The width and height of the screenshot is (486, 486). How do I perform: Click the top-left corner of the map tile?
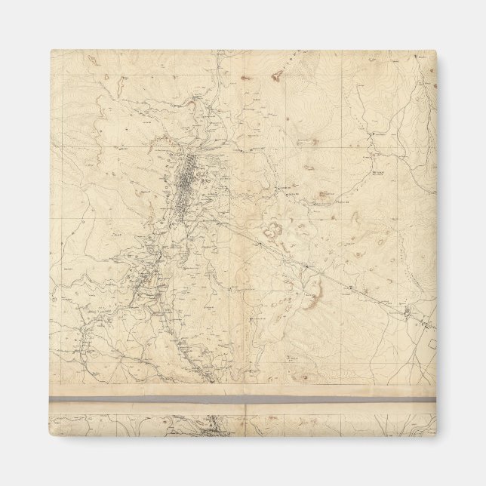[x=51, y=51]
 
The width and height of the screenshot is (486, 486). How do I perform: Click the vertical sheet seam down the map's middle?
[x=246, y=226]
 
